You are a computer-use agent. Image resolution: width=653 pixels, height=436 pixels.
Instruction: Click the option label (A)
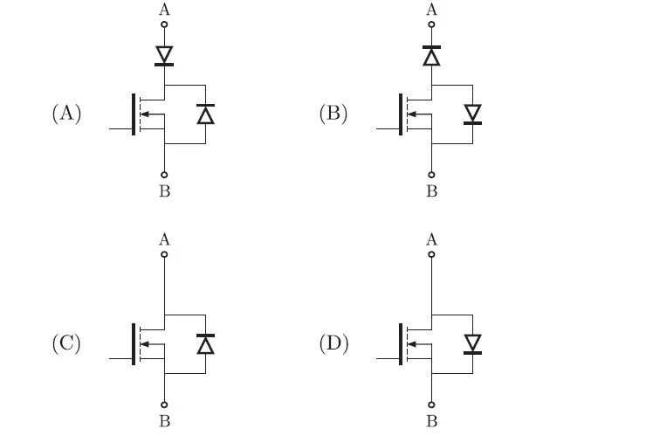click(x=66, y=114)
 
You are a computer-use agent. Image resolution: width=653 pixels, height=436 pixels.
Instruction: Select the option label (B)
click(x=333, y=114)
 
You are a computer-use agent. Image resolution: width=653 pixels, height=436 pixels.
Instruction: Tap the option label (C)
click(x=66, y=343)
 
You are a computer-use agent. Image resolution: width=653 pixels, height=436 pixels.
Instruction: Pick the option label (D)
click(x=333, y=343)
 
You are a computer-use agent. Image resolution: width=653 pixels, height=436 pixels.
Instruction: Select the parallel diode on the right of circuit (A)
click(x=205, y=114)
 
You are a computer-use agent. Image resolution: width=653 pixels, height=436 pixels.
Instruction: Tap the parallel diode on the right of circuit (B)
click(x=472, y=114)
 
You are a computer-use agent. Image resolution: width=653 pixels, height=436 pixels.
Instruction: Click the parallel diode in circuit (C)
click(x=205, y=343)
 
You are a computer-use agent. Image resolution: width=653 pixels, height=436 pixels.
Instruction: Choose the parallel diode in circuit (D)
click(x=472, y=343)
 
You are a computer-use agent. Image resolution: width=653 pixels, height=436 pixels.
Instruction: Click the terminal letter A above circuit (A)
click(x=164, y=10)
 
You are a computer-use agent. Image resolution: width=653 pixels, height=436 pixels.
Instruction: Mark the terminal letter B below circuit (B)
click(x=431, y=190)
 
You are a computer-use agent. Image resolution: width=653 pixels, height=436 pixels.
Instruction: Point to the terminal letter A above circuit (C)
click(x=164, y=239)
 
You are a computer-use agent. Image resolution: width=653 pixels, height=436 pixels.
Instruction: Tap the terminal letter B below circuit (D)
click(x=431, y=421)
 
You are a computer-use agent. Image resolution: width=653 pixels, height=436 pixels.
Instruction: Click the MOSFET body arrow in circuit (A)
click(x=148, y=114)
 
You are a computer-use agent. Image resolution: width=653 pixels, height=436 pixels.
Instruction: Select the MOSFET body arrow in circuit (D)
click(x=415, y=343)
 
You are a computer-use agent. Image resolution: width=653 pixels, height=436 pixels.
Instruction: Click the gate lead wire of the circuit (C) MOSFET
click(x=118, y=358)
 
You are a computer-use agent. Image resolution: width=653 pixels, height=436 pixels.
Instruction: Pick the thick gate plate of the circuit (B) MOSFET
click(x=400, y=114)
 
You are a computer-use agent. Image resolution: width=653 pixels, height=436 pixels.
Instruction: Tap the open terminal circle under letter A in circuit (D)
click(x=431, y=254)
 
